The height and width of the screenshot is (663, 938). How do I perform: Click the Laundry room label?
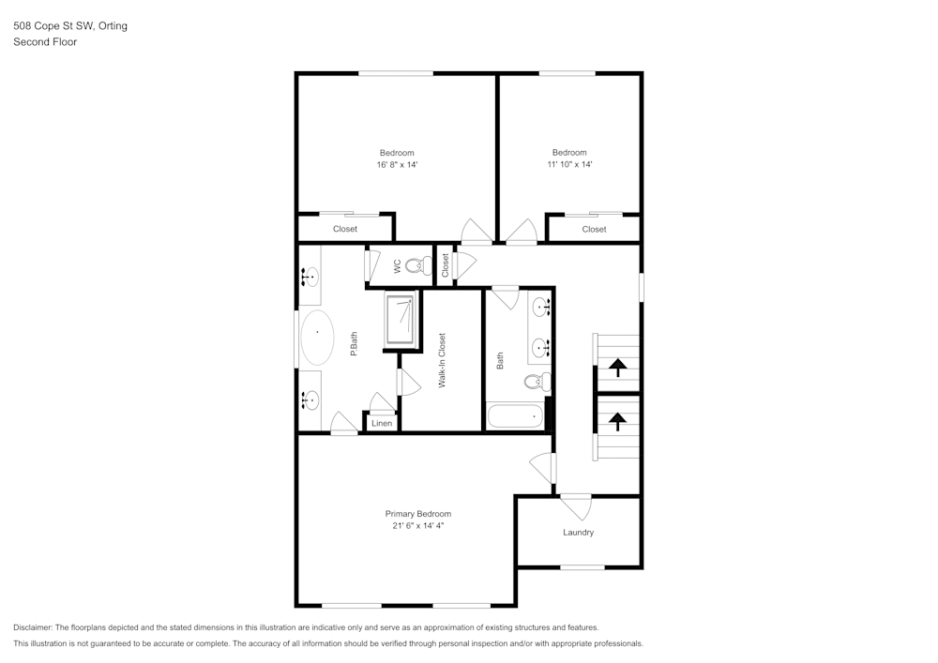[578, 533]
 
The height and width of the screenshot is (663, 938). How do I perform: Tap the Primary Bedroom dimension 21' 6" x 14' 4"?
[417, 526]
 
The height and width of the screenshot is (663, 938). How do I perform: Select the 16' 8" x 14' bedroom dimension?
[397, 164]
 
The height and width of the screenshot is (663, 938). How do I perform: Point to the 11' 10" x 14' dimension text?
[568, 164]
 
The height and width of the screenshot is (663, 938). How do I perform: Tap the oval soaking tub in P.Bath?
[317, 338]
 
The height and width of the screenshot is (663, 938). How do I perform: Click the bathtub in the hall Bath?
[515, 415]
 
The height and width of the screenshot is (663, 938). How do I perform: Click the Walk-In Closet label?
[441, 361]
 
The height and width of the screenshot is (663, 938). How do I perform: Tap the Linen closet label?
[381, 424]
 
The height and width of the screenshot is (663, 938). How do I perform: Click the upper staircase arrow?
[618, 367]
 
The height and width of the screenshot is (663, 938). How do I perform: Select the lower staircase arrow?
[618, 420]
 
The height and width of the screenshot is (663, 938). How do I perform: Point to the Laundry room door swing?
[576, 507]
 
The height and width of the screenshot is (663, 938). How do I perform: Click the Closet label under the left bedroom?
[345, 229]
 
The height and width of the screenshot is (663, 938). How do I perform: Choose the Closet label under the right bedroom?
[594, 229]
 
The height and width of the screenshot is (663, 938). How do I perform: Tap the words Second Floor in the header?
[45, 42]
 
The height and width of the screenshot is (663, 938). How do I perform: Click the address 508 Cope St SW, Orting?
[70, 26]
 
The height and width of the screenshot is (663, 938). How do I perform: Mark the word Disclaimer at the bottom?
[34, 627]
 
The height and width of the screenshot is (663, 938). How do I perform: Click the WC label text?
[397, 266]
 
